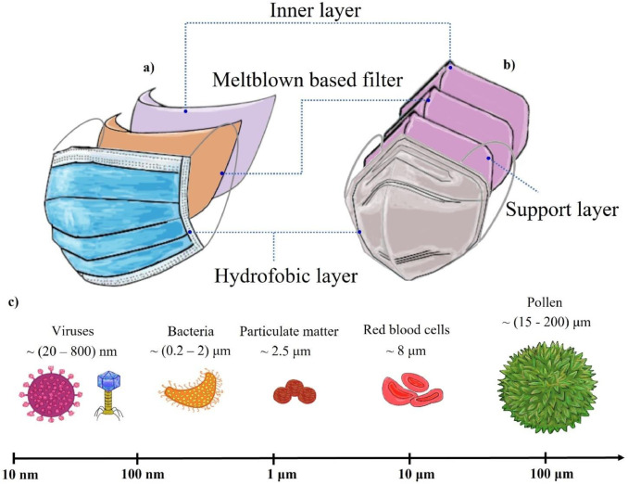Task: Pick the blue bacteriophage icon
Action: pos(107,393)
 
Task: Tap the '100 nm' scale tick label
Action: pos(138,475)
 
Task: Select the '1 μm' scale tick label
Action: pos(272,475)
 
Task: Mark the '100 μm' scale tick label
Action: pos(546,475)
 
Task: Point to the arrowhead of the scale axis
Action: pos(619,456)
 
